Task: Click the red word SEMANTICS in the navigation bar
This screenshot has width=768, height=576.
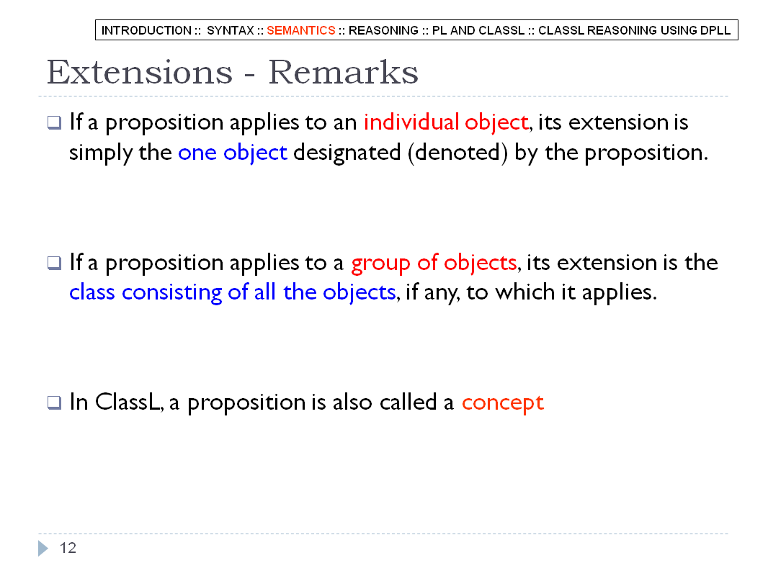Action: pyautogui.click(x=300, y=30)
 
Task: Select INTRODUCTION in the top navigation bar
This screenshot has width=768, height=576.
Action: pyautogui.click(x=146, y=30)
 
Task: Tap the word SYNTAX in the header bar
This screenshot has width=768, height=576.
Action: pyautogui.click(x=231, y=30)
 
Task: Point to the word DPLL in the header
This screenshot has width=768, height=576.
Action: pyautogui.click(x=715, y=30)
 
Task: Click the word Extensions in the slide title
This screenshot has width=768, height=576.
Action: pyautogui.click(x=140, y=73)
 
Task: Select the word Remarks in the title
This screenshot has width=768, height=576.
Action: pyautogui.click(x=344, y=73)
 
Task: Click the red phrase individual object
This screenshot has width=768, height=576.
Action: pyautogui.click(x=446, y=122)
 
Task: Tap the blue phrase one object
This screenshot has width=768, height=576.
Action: pyautogui.click(x=232, y=152)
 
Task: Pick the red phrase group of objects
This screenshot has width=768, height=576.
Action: pyautogui.click(x=434, y=263)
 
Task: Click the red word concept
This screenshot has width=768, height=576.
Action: pyautogui.click(x=503, y=402)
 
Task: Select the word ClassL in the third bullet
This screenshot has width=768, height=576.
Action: pyautogui.click(x=128, y=402)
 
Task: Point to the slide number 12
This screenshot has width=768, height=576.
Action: pyautogui.click(x=68, y=548)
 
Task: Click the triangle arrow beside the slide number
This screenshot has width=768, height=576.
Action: pyautogui.click(x=43, y=548)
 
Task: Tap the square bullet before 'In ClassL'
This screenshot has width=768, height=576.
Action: pyautogui.click(x=54, y=402)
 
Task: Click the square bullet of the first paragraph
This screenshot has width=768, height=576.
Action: pyautogui.click(x=54, y=122)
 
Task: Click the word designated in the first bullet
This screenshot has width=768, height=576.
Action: pyautogui.click(x=347, y=152)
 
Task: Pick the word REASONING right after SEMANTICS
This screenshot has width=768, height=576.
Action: pyautogui.click(x=383, y=30)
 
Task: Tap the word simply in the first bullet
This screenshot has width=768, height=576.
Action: pyautogui.click(x=100, y=152)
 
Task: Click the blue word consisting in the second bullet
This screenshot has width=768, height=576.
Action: pyautogui.click(x=171, y=292)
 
